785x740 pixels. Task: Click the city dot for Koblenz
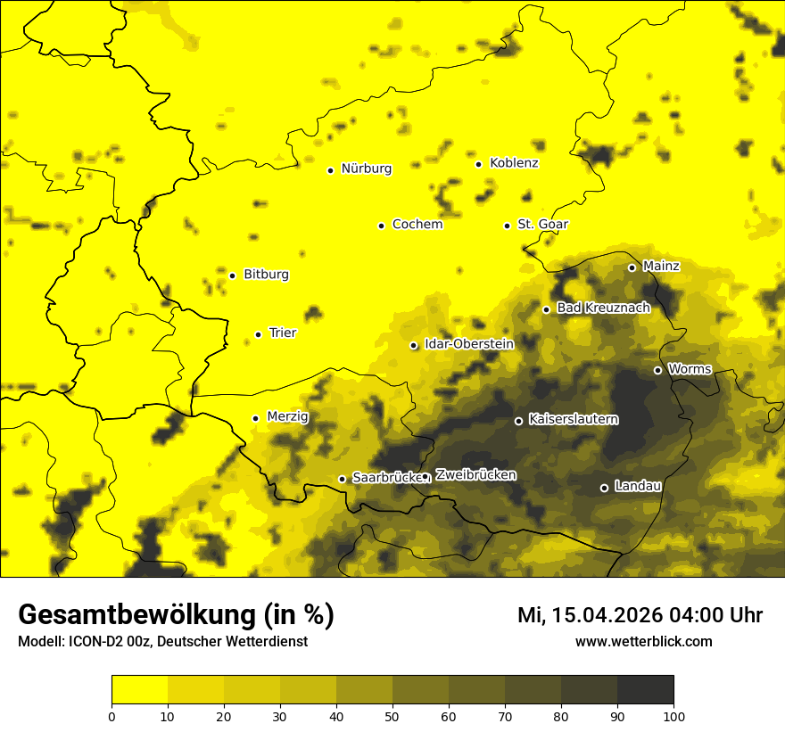click(x=479, y=164)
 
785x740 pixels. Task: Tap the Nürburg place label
click(x=366, y=169)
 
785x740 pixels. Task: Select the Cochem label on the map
click(x=417, y=224)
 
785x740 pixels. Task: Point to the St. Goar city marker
click(x=507, y=226)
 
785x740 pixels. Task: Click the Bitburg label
click(x=266, y=274)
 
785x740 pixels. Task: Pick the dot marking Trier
click(x=259, y=334)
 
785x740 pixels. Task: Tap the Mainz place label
click(x=661, y=266)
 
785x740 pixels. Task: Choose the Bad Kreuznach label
click(x=603, y=308)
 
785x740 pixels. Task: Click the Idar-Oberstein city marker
click(x=414, y=345)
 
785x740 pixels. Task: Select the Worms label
click(x=690, y=368)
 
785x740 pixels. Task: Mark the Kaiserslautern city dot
click(x=518, y=421)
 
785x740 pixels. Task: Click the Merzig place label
click(x=287, y=416)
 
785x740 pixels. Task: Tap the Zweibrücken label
click(x=475, y=474)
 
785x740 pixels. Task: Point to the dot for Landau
click(x=604, y=488)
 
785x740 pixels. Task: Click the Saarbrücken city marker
click(x=342, y=479)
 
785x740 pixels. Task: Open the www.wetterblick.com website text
click(x=643, y=641)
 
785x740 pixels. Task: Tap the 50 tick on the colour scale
click(x=392, y=716)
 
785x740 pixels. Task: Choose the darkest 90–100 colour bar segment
click(x=645, y=690)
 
